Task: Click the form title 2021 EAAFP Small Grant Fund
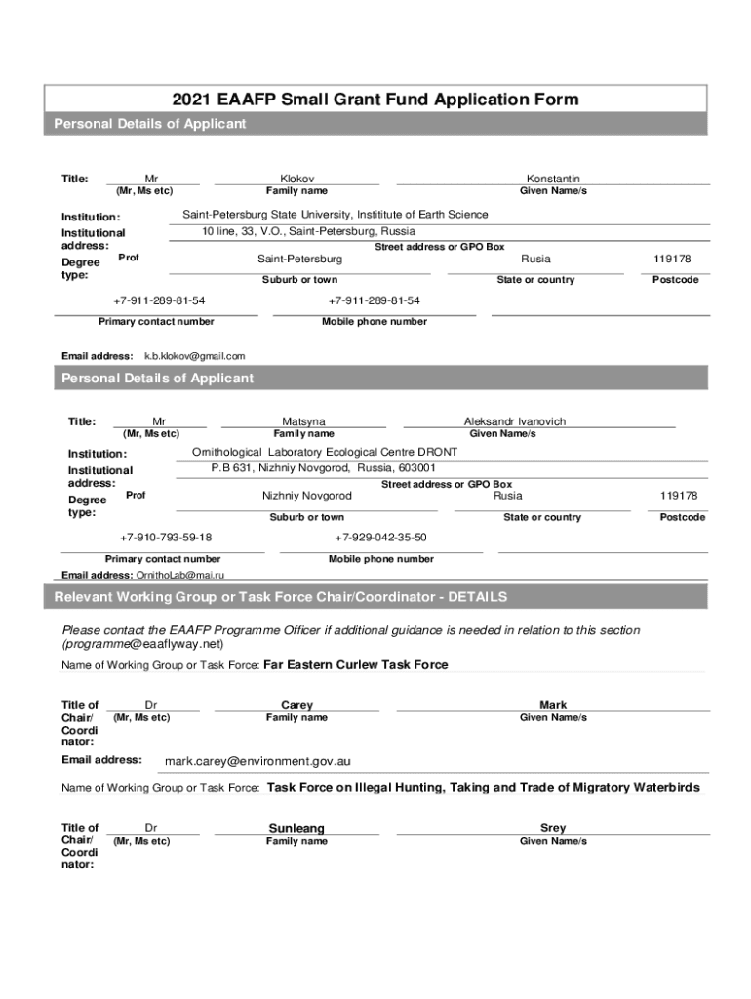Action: point(375,100)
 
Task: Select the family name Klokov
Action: point(296,179)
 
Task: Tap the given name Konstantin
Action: point(553,179)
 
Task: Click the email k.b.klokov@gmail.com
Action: point(195,356)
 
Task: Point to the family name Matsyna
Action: point(303,421)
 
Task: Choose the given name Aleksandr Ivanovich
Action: point(514,421)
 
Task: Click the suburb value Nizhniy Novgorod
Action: point(307,496)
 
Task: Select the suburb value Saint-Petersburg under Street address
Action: point(299,259)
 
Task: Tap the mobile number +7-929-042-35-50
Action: point(380,538)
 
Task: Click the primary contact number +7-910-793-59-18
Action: point(166,538)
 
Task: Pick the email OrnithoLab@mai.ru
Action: point(179,576)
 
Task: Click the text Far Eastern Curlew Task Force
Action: point(356,665)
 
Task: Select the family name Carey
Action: point(296,705)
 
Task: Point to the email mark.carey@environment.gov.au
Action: point(257,761)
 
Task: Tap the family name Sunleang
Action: point(296,828)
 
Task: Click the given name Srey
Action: point(553,828)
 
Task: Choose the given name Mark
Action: point(553,705)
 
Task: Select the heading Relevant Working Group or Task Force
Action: point(280,597)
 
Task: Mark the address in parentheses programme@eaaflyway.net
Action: point(142,644)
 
